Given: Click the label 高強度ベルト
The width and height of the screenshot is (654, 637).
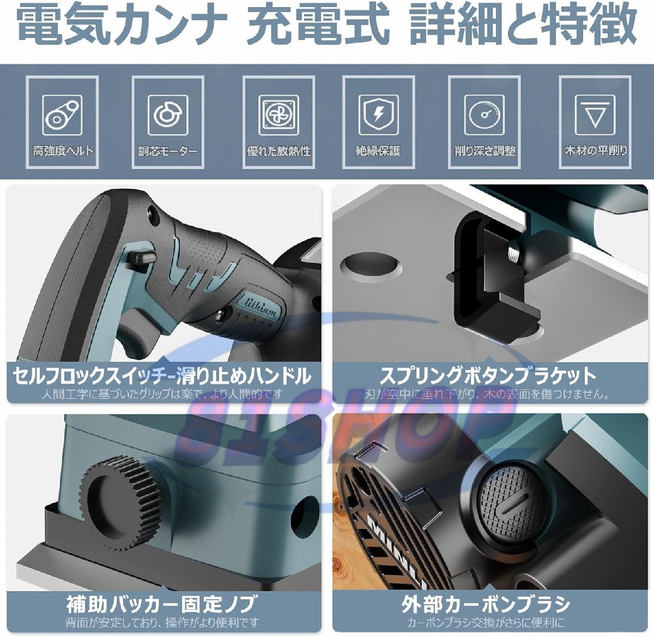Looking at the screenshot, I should click(x=62, y=151).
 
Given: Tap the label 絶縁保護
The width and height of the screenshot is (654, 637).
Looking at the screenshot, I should click(x=378, y=151).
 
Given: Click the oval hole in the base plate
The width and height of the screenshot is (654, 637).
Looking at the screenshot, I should click(x=370, y=265).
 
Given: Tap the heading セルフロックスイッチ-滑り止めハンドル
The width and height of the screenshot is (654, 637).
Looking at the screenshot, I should click(x=162, y=376).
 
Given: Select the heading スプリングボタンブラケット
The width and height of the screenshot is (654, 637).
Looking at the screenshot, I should click(x=488, y=376).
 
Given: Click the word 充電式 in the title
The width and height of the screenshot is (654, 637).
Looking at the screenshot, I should click(x=318, y=25).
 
